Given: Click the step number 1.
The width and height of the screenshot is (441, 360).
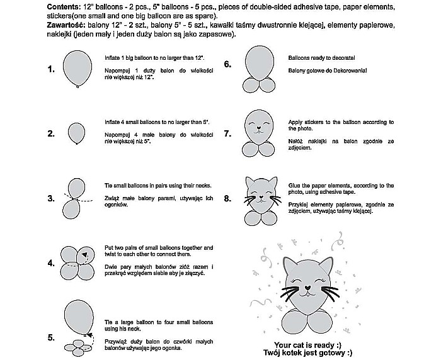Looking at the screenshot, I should [x=51, y=70].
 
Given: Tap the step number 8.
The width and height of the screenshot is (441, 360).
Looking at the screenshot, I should [x=227, y=199].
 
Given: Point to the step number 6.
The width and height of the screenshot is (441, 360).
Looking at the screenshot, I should [x=227, y=64].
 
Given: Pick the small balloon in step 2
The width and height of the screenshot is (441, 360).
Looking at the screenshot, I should [x=77, y=132].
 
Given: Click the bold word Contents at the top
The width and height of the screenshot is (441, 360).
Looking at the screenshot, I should [x=63, y=6].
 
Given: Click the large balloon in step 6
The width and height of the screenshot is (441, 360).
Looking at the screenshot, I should [x=258, y=61].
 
